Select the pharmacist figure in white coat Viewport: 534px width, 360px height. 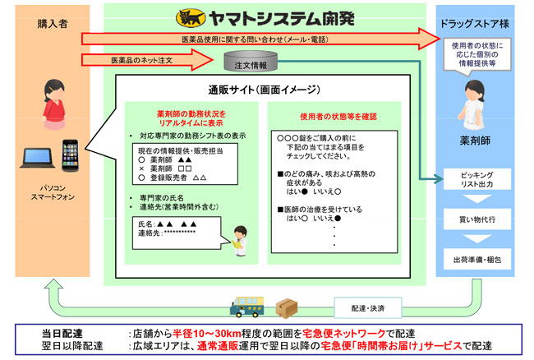475,102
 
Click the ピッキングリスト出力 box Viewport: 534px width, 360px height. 477,182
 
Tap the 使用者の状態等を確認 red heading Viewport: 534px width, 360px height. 334,117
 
